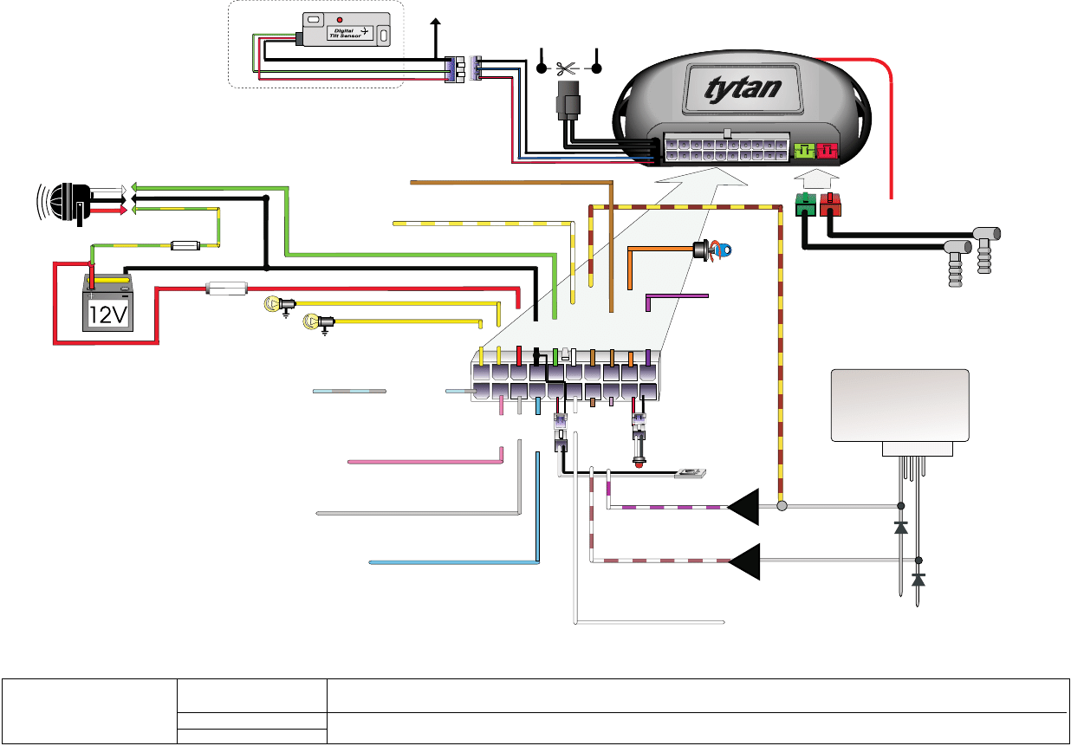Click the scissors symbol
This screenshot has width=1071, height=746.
(x=568, y=67)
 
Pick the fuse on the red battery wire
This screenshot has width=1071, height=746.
(x=227, y=288)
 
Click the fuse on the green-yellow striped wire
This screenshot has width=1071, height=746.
(x=187, y=245)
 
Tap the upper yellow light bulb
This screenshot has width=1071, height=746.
(x=273, y=303)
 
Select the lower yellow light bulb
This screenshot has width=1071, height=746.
(x=311, y=323)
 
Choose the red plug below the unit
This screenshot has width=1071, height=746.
(x=831, y=206)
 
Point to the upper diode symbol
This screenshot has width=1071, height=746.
(x=900, y=526)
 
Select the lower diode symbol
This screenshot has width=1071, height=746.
(x=918, y=579)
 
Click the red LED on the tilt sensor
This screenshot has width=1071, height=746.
(x=339, y=19)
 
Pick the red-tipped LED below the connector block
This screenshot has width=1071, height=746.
(x=639, y=464)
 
